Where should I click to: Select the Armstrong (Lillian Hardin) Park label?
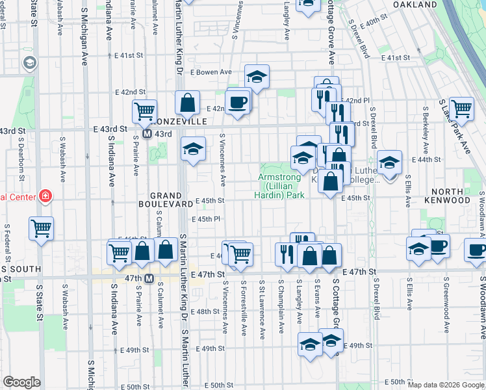(x=281, y=186)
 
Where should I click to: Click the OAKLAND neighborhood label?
(x=415, y=5)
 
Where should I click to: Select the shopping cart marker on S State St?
(x=41, y=227)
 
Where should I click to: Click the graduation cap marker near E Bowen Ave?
(x=257, y=77)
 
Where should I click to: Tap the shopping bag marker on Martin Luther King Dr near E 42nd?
(x=187, y=102)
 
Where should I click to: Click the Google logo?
(x=21, y=382)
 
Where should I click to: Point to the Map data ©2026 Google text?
(x=446, y=385)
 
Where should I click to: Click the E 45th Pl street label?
(x=209, y=220)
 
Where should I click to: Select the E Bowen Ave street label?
(x=211, y=72)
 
